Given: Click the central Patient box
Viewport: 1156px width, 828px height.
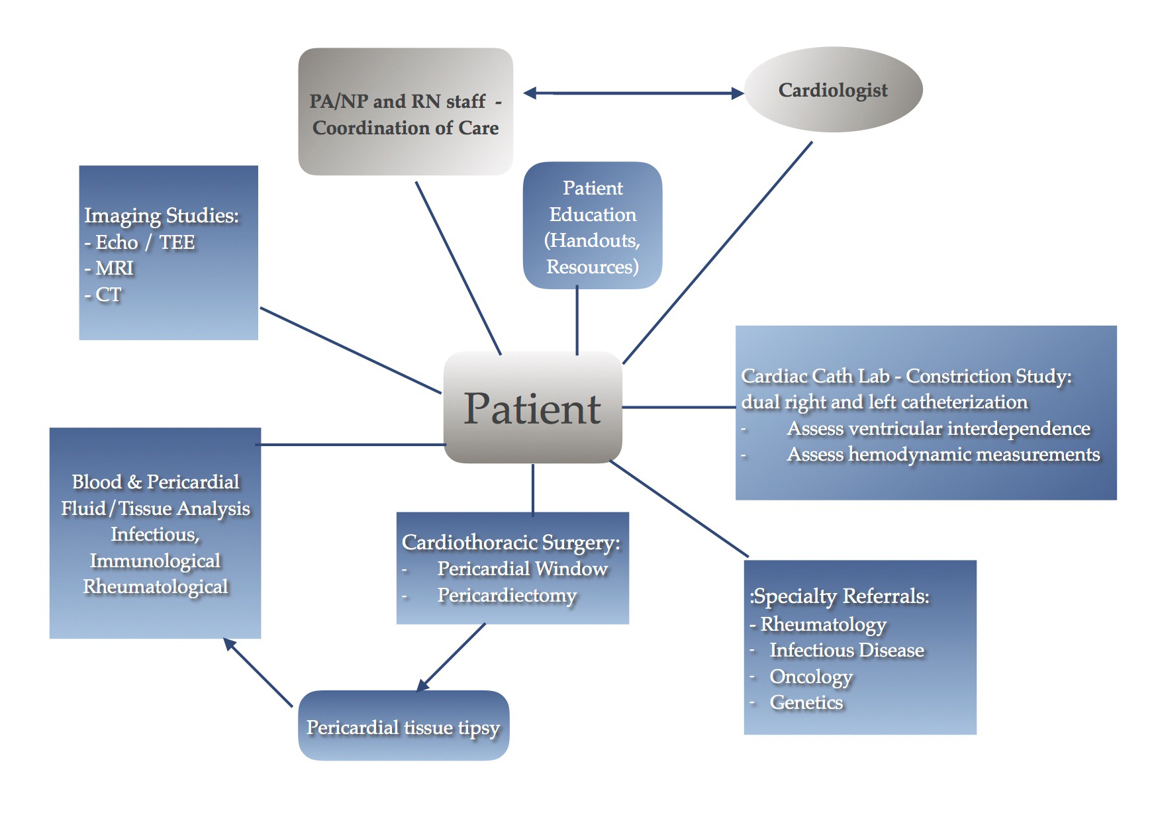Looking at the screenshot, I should click(x=532, y=408).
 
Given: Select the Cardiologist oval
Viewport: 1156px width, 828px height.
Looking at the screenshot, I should click(x=833, y=90).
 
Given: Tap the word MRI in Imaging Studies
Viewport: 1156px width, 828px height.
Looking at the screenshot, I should click(x=115, y=268).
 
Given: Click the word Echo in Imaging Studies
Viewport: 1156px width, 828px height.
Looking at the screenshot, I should click(x=117, y=242).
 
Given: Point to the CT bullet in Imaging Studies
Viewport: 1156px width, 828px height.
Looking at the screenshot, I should click(x=108, y=295).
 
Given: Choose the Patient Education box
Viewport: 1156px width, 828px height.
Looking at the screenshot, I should click(x=593, y=226).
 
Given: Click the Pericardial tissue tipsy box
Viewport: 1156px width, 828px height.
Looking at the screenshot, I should click(x=403, y=726).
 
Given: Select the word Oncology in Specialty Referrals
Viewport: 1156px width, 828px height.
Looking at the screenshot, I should click(x=811, y=676).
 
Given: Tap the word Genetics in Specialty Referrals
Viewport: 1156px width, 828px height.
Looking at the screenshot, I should click(x=806, y=702).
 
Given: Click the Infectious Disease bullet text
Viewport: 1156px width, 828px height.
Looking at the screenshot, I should click(x=847, y=650).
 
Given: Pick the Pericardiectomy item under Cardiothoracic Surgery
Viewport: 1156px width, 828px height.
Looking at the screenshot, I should click(x=506, y=595).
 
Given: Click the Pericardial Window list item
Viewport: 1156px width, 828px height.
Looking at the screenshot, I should click(x=522, y=569).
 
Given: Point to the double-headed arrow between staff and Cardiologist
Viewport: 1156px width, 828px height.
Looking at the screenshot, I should click(x=633, y=93).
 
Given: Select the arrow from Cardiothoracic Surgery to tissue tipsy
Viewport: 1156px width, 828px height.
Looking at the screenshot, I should click(x=452, y=657).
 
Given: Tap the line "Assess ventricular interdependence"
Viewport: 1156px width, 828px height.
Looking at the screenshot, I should click(x=938, y=428).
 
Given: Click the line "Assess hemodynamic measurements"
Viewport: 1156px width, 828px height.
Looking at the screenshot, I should click(x=943, y=454).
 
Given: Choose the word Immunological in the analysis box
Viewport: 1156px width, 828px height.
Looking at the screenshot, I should click(x=155, y=561).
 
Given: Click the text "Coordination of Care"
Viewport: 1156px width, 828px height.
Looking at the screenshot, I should click(x=405, y=128).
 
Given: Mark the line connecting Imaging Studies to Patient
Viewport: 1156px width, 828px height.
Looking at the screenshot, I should click(x=351, y=350).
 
